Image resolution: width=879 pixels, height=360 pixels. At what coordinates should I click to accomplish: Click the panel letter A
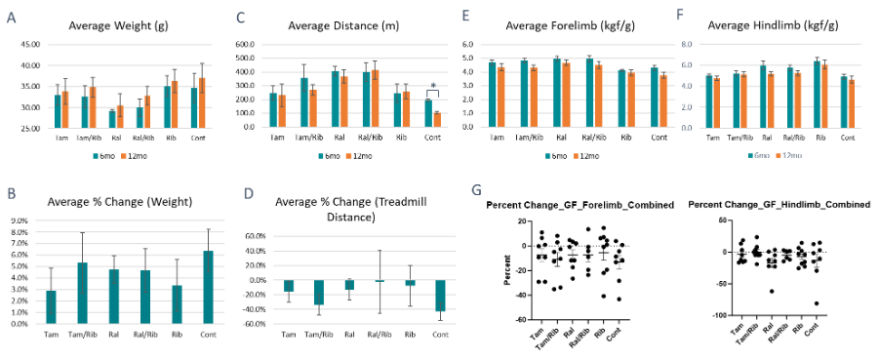11,17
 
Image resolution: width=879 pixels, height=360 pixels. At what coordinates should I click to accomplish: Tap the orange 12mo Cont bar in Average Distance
438,119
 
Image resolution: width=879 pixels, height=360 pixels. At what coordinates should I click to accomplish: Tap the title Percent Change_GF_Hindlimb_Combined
779,205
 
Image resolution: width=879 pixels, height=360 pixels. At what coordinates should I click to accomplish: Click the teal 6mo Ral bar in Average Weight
112,119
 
